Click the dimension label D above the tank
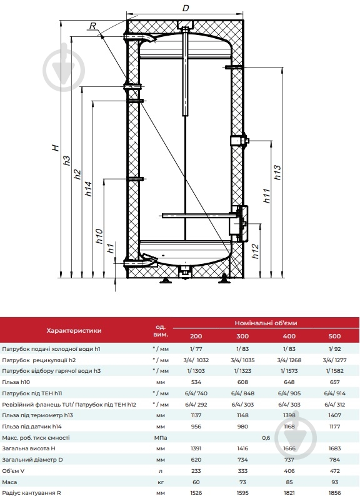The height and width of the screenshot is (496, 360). click(x=186, y=8)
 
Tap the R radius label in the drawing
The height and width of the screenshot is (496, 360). click(x=92, y=26)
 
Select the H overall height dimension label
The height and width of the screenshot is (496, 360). click(x=56, y=148)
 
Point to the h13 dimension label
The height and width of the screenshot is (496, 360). click(x=277, y=173)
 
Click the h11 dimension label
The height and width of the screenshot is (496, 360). click(x=267, y=196)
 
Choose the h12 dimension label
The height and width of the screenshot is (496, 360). click(x=256, y=251)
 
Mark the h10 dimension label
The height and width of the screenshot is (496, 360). click(x=99, y=236)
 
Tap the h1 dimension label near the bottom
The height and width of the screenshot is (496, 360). click(x=110, y=248)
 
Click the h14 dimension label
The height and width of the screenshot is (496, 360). click(x=89, y=188)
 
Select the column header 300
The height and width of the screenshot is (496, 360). click(x=242, y=337)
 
